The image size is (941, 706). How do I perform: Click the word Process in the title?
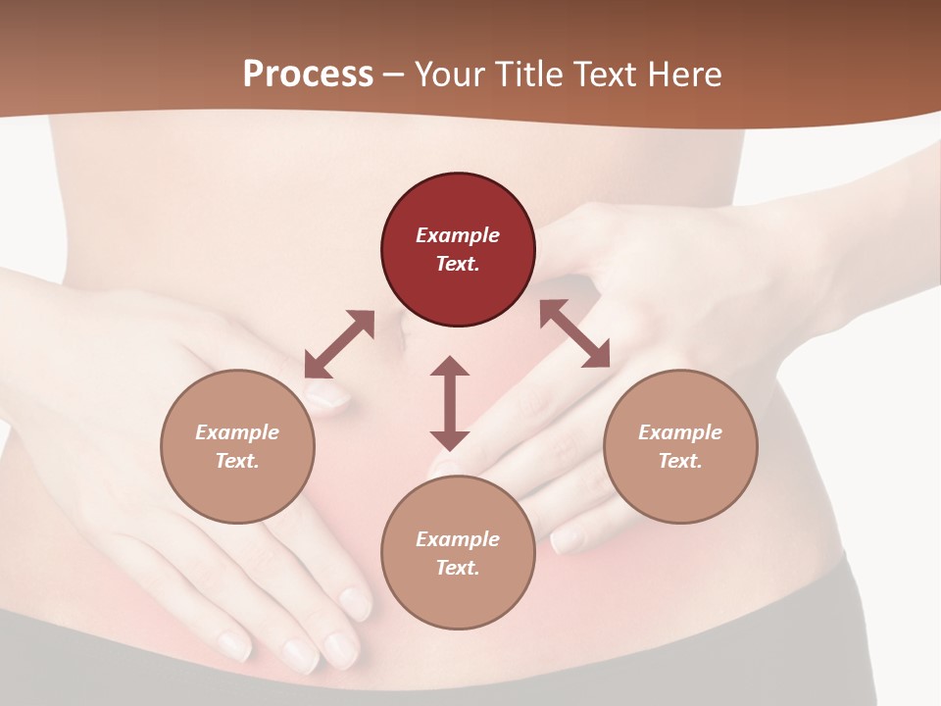click(x=308, y=75)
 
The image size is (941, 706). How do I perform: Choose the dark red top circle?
click(x=458, y=249)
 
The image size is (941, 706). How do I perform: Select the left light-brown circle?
click(x=237, y=446)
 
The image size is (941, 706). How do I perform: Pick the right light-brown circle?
click(x=680, y=446)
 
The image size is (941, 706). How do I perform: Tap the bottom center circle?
click(x=458, y=553)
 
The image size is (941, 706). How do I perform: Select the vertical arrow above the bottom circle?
click(x=450, y=403)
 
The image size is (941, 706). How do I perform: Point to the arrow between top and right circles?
click(x=574, y=334)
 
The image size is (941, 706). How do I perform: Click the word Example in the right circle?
click(x=680, y=432)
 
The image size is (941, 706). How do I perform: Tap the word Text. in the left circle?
click(x=237, y=461)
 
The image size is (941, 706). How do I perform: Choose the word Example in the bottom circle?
click(x=458, y=539)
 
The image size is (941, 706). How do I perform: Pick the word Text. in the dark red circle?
click(x=458, y=264)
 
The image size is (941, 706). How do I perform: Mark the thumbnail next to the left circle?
click(x=327, y=395)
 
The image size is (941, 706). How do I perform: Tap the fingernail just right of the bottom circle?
click(x=567, y=539)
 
